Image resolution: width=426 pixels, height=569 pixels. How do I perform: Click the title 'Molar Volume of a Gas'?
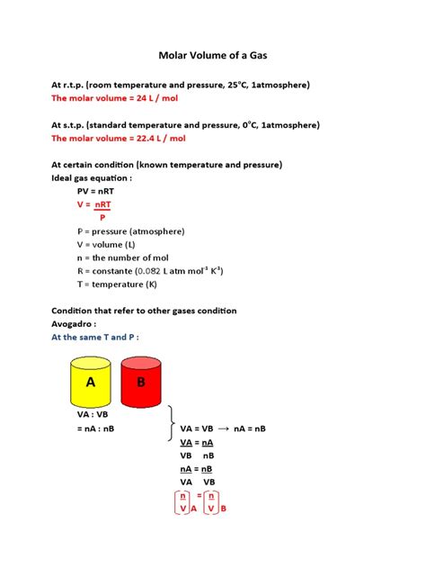coord(212,54)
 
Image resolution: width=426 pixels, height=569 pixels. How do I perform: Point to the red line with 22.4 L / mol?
coord(118,138)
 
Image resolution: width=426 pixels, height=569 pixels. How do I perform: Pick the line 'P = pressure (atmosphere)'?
coord(131,230)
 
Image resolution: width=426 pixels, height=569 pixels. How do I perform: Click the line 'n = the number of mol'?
coord(123,257)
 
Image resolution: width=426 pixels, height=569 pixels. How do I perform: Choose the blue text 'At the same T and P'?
coord(95,337)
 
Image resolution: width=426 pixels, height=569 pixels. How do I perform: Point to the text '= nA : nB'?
coord(95,429)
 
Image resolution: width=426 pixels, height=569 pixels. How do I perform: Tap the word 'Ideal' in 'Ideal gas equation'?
coord(63,177)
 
